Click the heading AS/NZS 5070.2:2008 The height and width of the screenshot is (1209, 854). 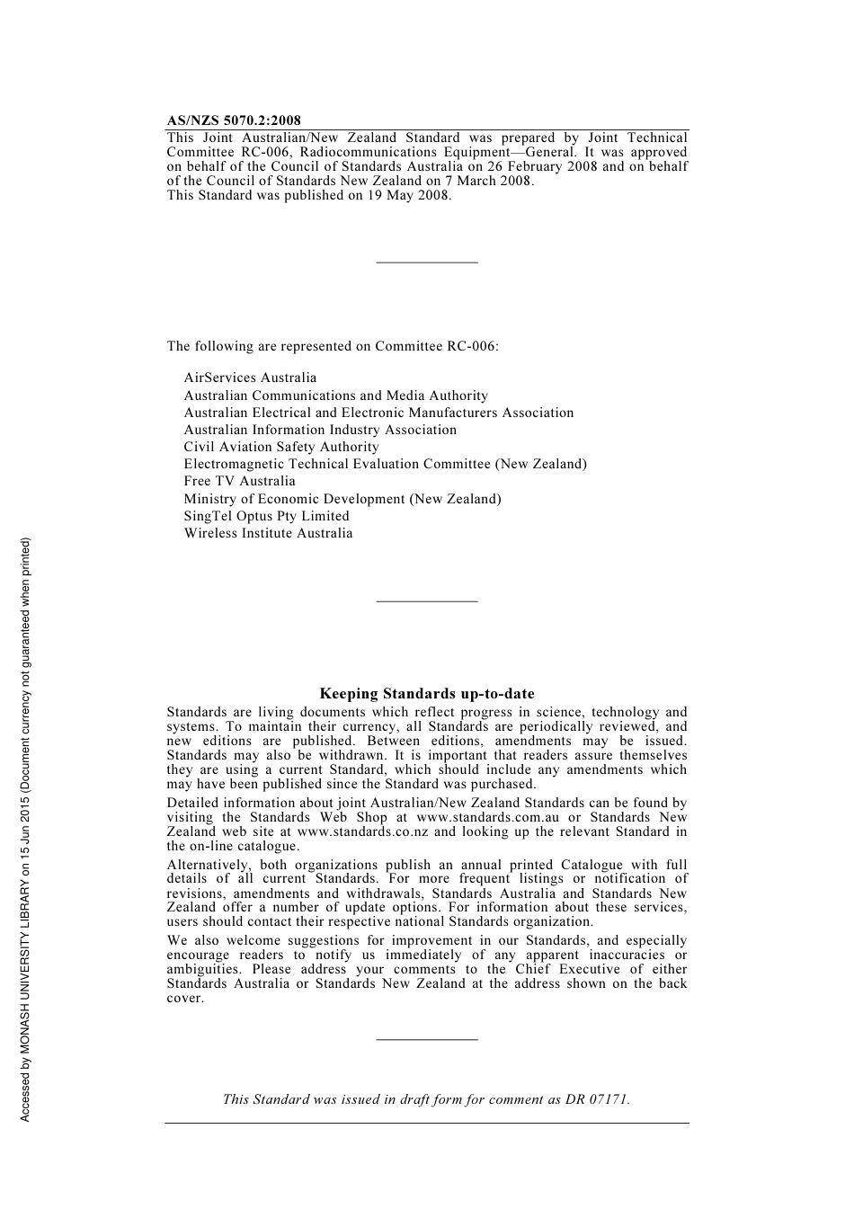[x=234, y=120]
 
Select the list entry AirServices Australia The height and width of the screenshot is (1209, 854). [x=250, y=378]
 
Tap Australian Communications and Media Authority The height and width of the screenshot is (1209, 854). [x=335, y=396]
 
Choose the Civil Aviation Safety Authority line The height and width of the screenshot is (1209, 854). [x=281, y=447]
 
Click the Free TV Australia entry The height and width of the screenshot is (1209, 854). [x=239, y=481]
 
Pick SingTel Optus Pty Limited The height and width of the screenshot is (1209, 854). [x=266, y=516]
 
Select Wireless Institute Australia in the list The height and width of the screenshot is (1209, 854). [x=268, y=533]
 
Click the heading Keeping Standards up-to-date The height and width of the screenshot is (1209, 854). [x=427, y=694]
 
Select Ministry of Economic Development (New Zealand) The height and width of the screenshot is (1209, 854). [x=342, y=499]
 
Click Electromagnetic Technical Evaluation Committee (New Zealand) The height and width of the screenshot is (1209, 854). [x=385, y=464]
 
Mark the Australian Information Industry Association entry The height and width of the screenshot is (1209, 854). [x=320, y=430]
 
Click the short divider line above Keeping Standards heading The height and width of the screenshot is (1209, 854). [x=427, y=600]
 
